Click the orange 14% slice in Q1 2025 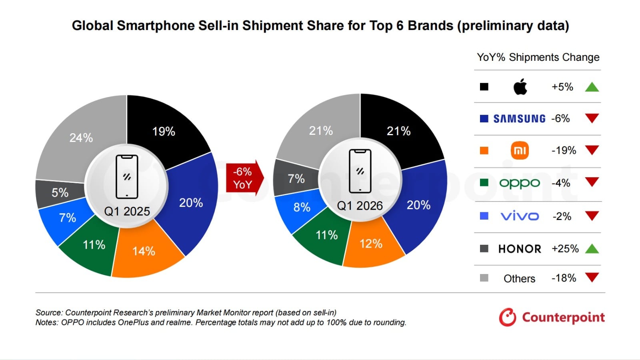[144, 251]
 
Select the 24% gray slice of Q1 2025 [81, 138]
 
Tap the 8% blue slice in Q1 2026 [302, 207]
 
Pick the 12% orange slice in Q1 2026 [371, 244]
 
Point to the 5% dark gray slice [60, 193]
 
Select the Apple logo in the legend [520, 87]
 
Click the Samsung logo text [519, 119]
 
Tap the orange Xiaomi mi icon [520, 150]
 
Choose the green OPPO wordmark [520, 183]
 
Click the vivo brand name [520, 216]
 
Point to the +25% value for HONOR [565, 249]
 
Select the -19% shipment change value [564, 150]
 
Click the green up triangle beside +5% [592, 87]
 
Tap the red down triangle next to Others [592, 277]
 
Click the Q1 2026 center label [360, 206]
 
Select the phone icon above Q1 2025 [127, 177]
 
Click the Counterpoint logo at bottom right [552, 317]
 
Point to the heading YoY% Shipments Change [538, 57]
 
